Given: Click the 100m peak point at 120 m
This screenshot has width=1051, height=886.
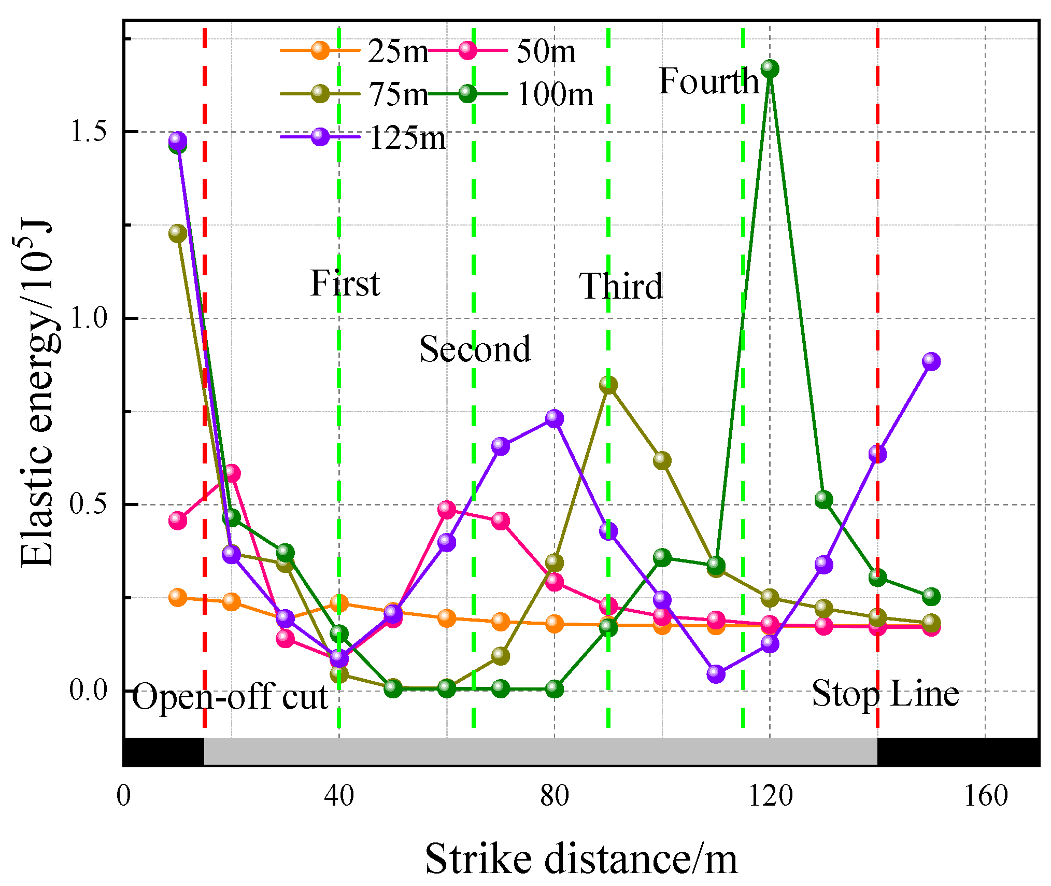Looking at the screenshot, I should point(770,68).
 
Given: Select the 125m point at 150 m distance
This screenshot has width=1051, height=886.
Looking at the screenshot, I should point(931,361).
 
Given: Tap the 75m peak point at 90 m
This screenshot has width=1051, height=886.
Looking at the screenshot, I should point(608,385).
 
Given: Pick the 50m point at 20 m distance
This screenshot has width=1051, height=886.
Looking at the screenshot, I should point(232,473).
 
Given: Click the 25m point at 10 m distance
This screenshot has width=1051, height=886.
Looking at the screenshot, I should point(178,597).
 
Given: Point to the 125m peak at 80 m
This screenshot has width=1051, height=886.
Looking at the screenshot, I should point(555,418).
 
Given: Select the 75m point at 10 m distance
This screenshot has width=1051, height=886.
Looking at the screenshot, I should point(178,233).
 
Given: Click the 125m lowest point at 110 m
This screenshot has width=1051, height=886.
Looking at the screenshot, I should point(716,673).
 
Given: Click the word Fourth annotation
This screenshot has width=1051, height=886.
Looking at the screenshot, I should point(708,81).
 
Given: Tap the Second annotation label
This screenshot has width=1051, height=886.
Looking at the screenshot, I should point(475,349).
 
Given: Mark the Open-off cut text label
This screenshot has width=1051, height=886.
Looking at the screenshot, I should point(230,696).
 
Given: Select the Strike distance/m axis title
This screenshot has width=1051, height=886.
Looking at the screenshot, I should point(581,859).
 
